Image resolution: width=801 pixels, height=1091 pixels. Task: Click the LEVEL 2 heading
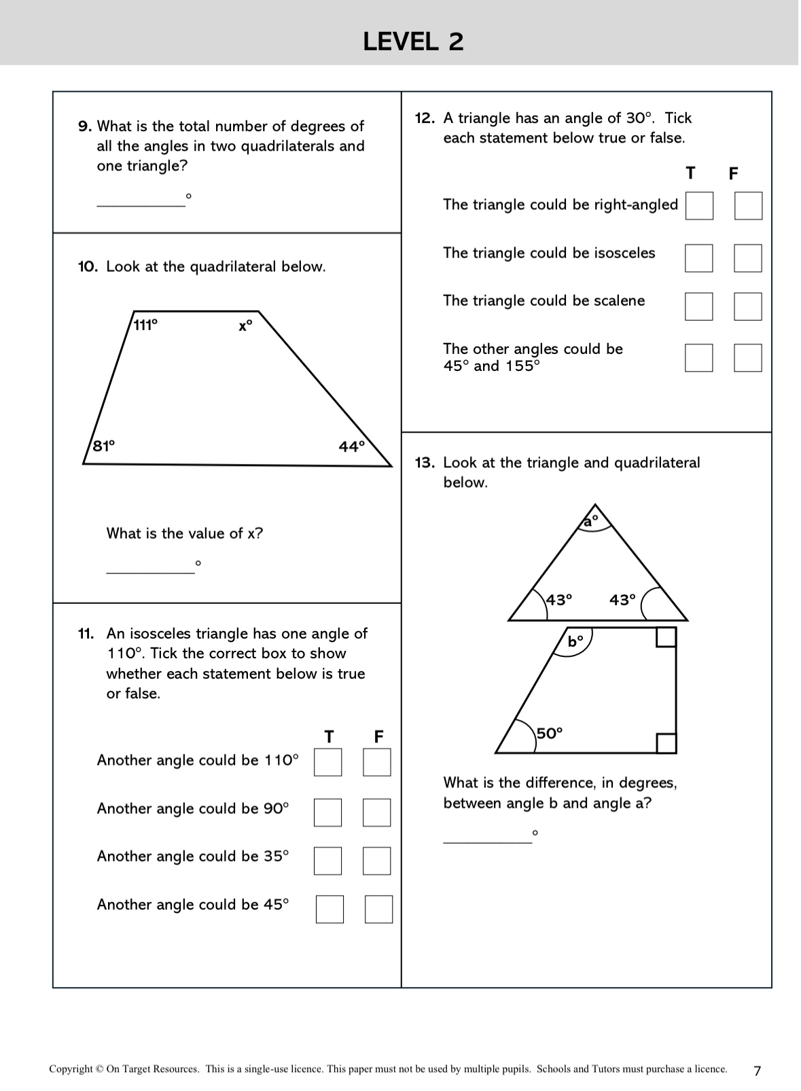(x=413, y=41)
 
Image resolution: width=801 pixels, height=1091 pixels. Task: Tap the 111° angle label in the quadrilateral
(x=145, y=325)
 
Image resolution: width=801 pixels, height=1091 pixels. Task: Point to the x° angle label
(x=245, y=326)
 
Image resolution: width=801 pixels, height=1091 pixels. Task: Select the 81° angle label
(x=104, y=446)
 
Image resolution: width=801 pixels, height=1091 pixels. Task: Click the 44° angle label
(x=352, y=446)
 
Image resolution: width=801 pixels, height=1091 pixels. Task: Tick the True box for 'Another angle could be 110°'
(x=327, y=762)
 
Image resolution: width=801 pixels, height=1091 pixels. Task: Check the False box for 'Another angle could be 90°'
(x=377, y=812)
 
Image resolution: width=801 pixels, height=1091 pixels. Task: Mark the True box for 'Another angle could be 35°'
(x=327, y=861)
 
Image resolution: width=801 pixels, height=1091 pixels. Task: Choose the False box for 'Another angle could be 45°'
(x=379, y=910)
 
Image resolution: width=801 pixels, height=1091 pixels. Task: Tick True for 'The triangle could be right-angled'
(x=699, y=206)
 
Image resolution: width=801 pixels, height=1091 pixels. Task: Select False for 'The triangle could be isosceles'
(x=748, y=258)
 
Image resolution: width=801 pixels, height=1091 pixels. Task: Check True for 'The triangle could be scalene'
(x=699, y=306)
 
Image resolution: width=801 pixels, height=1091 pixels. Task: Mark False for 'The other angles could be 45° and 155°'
(x=748, y=358)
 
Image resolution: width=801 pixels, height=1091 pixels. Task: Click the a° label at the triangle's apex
(x=591, y=521)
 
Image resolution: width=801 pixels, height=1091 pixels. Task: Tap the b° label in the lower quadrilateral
(x=575, y=641)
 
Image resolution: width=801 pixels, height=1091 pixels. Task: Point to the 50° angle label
(x=550, y=733)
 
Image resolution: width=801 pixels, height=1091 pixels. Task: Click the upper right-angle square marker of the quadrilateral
(x=666, y=637)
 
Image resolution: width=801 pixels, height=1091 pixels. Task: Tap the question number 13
(x=425, y=463)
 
